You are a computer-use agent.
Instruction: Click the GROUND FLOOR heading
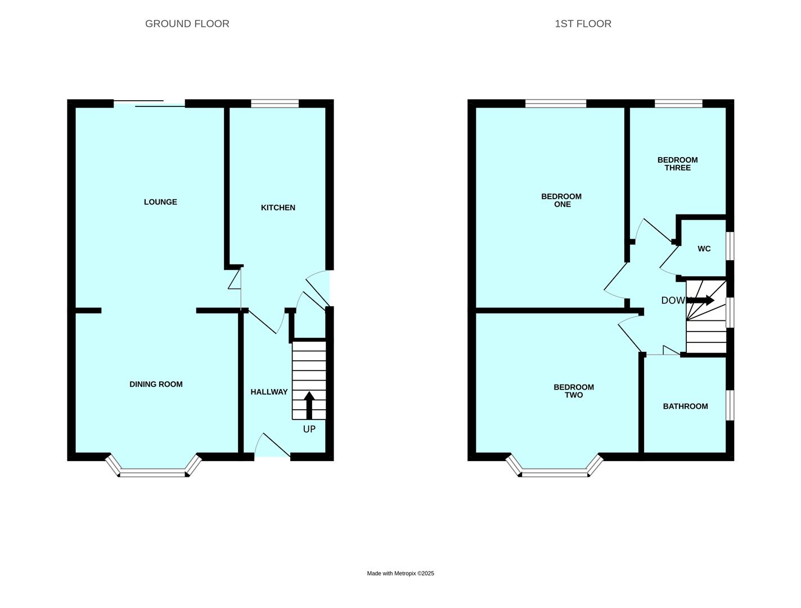pos(187,24)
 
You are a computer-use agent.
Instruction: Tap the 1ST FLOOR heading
pos(583,24)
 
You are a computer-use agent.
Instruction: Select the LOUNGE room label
pos(160,202)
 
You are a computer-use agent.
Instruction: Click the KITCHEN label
pos(278,208)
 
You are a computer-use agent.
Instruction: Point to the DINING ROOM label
pos(156,384)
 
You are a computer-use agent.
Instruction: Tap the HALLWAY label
pos(269,392)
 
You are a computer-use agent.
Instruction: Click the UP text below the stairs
pos(309,429)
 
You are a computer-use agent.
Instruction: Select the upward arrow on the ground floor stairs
pos(309,405)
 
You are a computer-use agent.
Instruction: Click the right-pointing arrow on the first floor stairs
pos(700,300)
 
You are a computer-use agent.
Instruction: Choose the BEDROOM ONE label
pos(561,200)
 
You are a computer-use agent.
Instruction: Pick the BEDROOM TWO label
pos(574,391)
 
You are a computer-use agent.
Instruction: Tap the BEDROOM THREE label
pos(677,164)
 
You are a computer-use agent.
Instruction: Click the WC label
pos(704,249)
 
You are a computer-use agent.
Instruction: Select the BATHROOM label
pos(685,406)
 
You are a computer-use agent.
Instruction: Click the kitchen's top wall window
pos(275,104)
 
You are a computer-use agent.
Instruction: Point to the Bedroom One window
pos(556,104)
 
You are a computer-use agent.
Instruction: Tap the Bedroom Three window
pos(678,104)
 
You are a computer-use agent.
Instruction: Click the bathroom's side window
pos(730,405)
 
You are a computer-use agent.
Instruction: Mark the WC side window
pos(730,246)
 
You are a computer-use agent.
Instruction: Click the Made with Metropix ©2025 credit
pos(400,573)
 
